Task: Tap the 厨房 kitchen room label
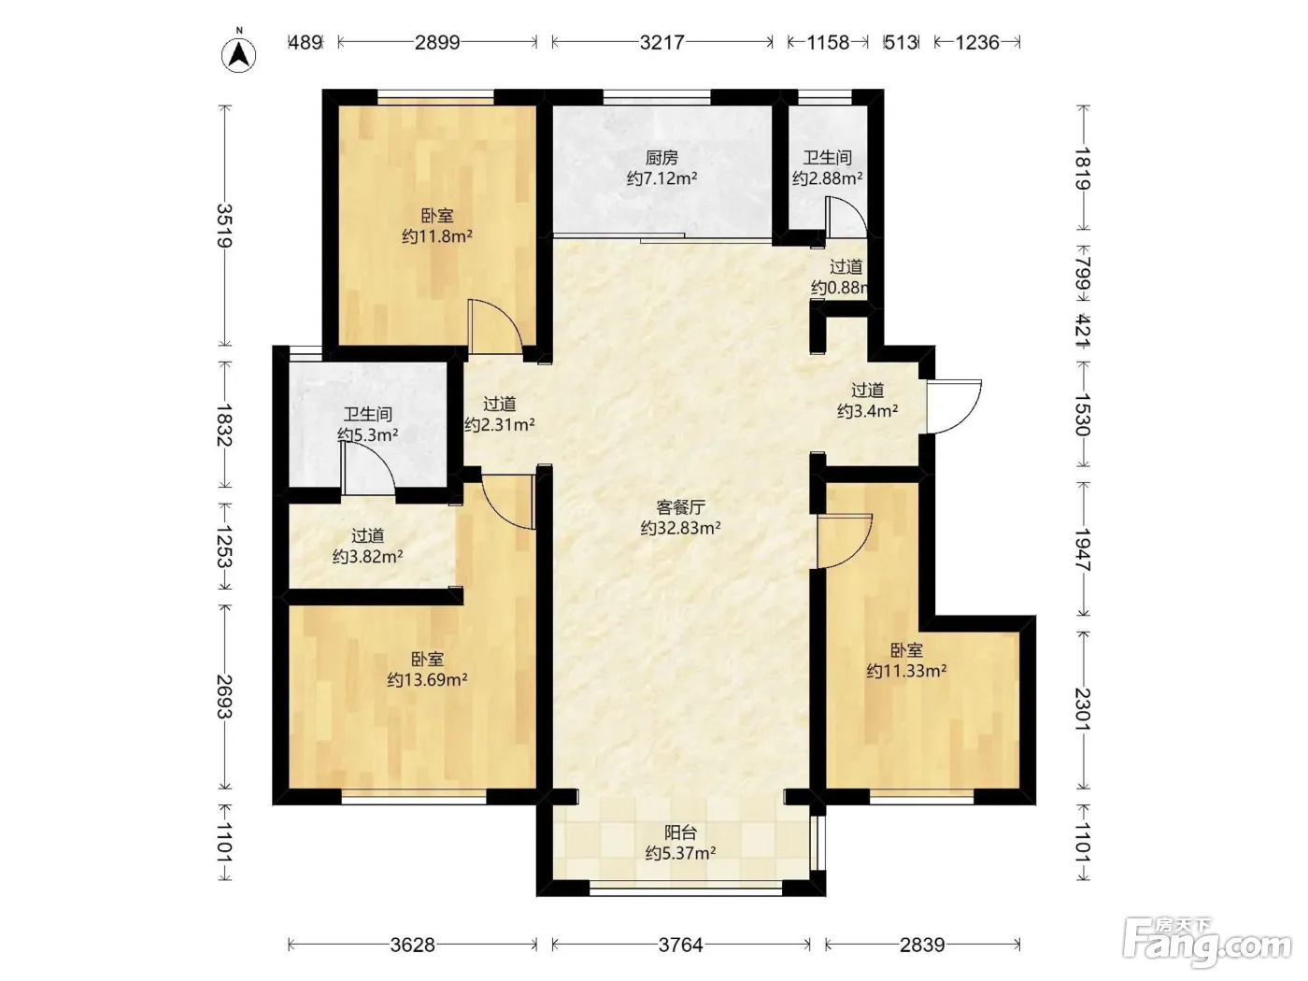[661, 158]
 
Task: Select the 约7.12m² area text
[661, 178]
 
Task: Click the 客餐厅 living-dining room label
[680, 507]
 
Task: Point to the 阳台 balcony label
[680, 832]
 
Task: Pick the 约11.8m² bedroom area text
[437, 236]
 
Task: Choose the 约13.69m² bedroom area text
[427, 679]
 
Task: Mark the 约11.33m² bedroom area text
[906, 671]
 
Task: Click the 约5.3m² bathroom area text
[368, 434]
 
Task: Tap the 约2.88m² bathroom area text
[827, 178]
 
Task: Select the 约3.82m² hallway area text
[368, 556]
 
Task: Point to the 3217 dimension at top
[661, 42]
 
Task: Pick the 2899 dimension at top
[437, 42]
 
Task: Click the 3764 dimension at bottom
[680, 945]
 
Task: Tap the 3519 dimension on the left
[224, 226]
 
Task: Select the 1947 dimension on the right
[1083, 549]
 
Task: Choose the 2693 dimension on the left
[224, 696]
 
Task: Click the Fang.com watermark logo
[1206, 943]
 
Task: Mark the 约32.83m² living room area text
[680, 528]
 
